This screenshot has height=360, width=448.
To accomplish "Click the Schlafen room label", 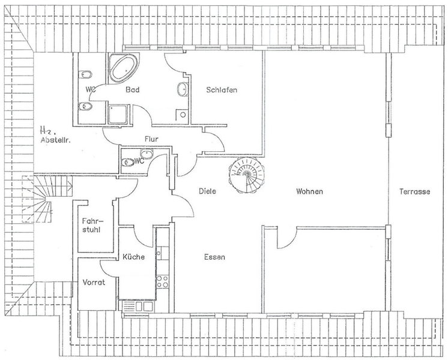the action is (x=222, y=90).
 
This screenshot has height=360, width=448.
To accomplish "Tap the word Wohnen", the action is (x=310, y=191).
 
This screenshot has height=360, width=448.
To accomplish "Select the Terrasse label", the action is (x=414, y=191).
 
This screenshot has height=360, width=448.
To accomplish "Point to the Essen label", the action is (x=214, y=257).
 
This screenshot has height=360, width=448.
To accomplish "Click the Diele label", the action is (x=207, y=191).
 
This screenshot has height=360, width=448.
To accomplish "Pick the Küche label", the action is (x=133, y=257).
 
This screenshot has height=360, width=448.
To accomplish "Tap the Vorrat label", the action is (x=94, y=283).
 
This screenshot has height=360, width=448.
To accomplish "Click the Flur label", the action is (x=151, y=139).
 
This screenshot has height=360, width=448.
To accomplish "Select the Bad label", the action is (x=133, y=89).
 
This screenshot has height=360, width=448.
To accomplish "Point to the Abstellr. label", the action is (x=56, y=140).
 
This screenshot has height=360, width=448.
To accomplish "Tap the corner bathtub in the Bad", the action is (x=124, y=67).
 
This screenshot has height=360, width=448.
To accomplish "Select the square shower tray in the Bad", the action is (x=118, y=114).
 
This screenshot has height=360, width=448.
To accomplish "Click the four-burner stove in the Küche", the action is (x=162, y=281).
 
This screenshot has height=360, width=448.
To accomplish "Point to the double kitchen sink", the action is (x=138, y=307).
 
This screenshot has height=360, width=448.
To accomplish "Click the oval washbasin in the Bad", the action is (x=183, y=89).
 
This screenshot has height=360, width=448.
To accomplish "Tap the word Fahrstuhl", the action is (x=93, y=225).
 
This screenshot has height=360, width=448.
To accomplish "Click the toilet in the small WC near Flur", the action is (x=128, y=163).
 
